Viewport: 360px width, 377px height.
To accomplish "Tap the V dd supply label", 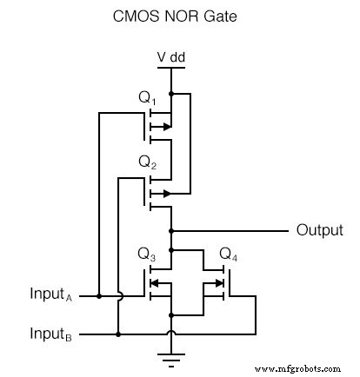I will click(x=170, y=58).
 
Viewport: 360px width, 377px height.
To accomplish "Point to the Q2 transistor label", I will click(x=148, y=163).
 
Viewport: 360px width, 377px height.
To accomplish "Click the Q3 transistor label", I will click(x=148, y=255).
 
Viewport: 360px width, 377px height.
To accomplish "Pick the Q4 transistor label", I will click(x=229, y=255).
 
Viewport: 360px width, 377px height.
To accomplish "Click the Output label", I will click(x=320, y=231).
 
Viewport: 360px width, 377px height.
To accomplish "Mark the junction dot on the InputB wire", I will click(x=117, y=333).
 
